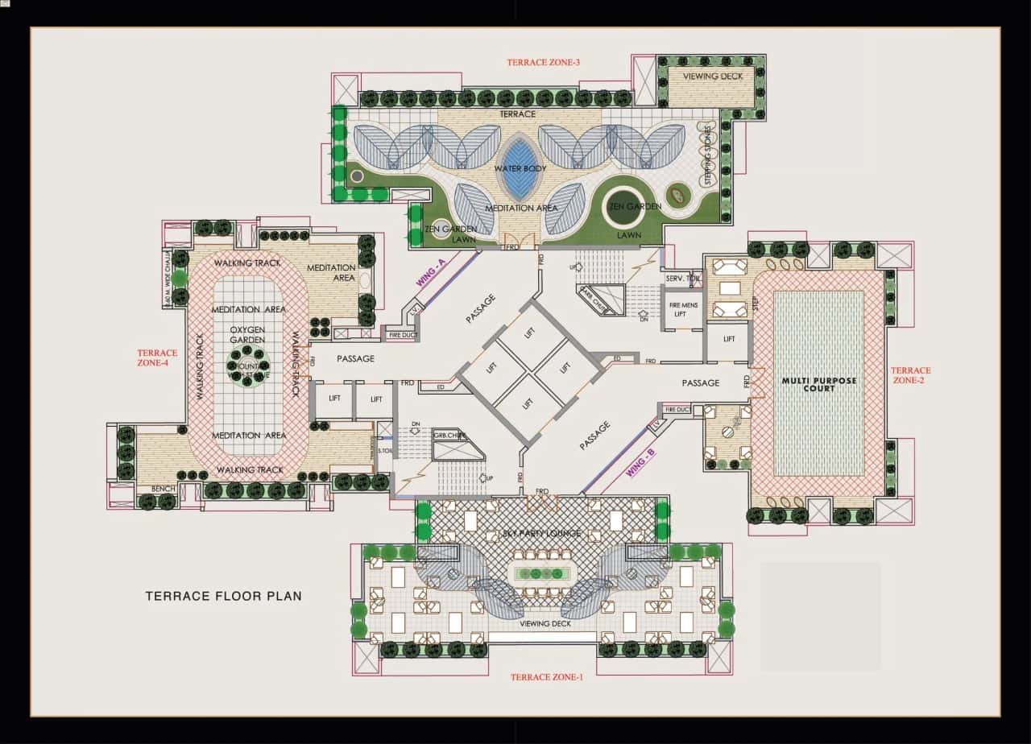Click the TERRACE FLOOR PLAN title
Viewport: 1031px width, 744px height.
[223, 597]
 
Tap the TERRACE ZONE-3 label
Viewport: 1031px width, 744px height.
[544, 62]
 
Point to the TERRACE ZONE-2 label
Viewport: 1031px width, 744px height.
[910, 375]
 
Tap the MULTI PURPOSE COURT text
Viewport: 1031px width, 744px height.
[818, 384]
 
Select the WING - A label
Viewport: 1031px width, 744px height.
[431, 272]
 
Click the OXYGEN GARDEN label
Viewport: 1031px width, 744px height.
[248, 335]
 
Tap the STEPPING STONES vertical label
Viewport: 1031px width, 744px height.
[708, 156]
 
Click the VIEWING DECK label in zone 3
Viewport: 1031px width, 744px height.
[712, 76]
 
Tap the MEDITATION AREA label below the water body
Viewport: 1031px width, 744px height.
[521, 208]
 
